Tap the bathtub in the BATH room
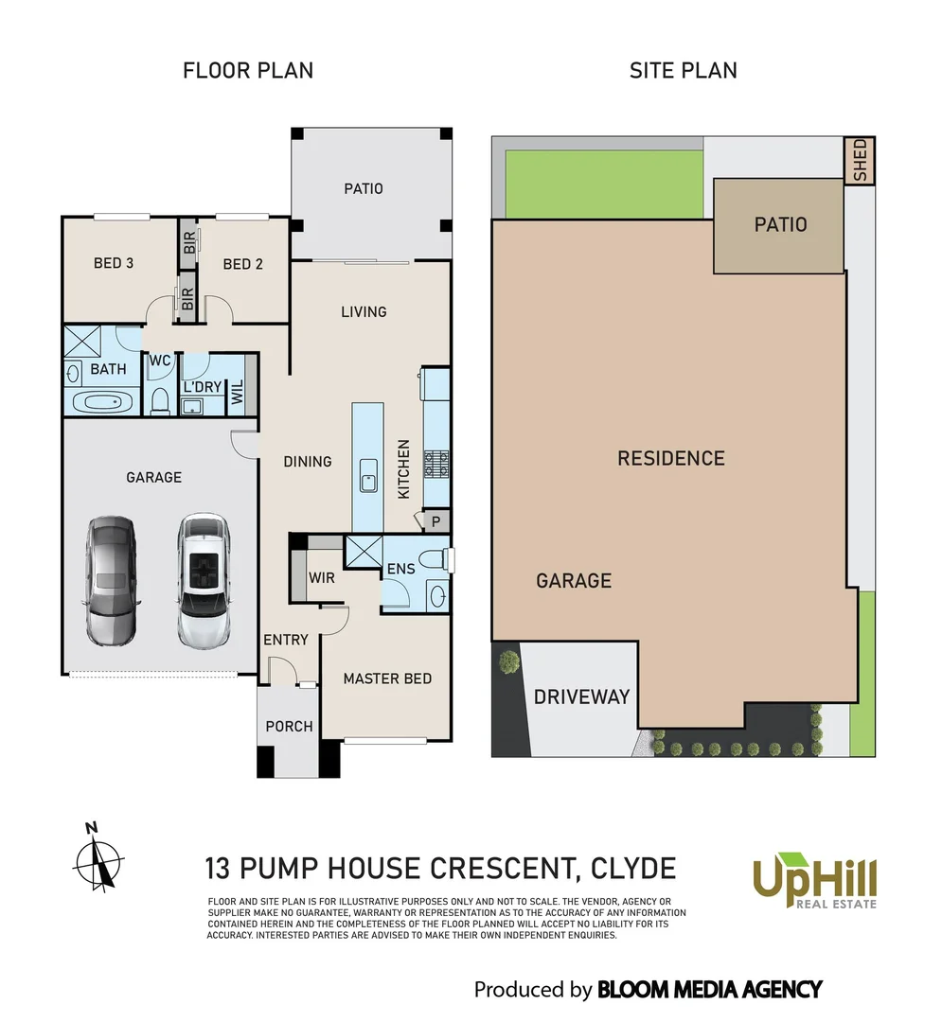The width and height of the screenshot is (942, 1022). (104, 403)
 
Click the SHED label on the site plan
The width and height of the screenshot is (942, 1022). (860, 161)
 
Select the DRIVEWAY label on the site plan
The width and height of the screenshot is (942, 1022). (581, 697)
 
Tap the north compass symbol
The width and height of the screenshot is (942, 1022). (98, 860)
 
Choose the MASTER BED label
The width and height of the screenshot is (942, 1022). (387, 678)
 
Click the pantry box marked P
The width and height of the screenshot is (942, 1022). (435, 520)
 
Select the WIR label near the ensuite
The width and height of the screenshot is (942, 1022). (322, 577)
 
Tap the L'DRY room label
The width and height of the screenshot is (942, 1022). (203, 388)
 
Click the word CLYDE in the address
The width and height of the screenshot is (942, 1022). (632, 868)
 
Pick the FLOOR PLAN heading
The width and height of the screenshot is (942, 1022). (248, 70)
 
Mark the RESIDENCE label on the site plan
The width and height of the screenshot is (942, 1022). (671, 459)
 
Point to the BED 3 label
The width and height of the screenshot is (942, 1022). (113, 263)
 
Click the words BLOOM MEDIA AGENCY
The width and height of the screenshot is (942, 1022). (709, 990)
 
